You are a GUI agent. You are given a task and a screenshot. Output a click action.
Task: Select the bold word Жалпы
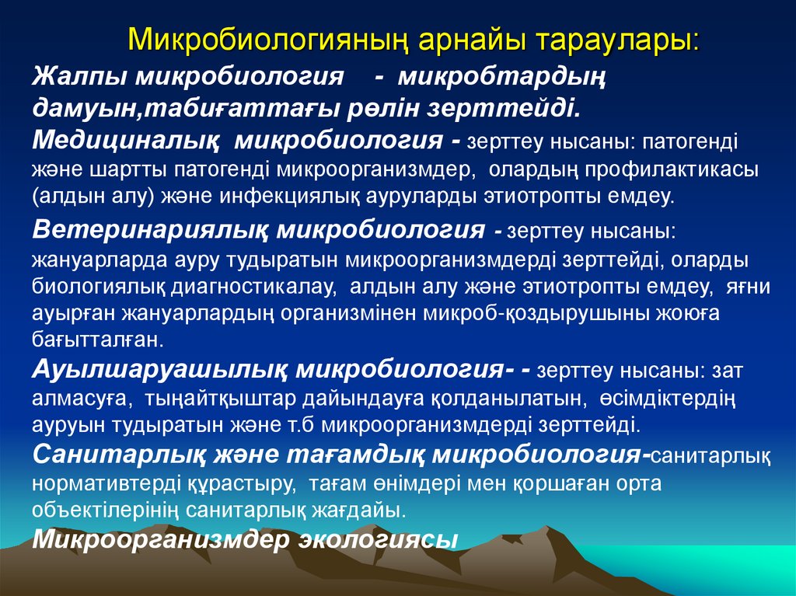click(x=79, y=78)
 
